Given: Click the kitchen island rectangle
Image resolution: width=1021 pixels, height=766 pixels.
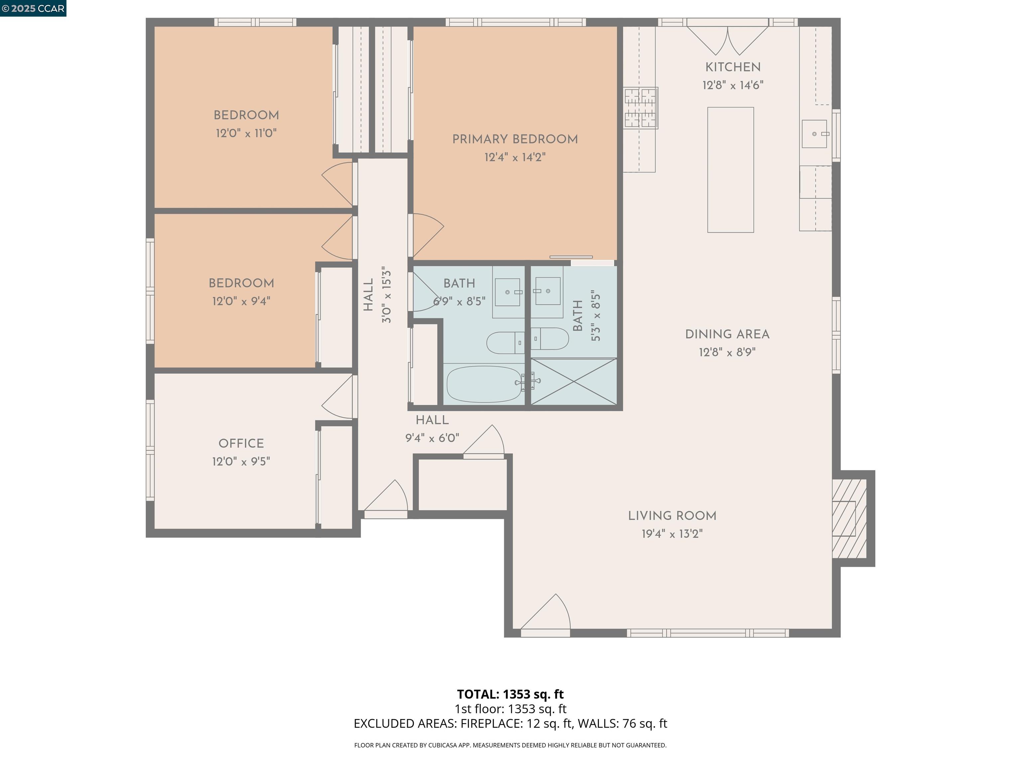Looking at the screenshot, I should (730, 170).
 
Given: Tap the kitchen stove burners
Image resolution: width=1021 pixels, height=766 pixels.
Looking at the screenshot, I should (640, 108).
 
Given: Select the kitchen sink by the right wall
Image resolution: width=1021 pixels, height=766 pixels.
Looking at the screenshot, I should (814, 134).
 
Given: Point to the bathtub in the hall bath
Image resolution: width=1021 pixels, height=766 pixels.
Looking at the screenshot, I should (484, 384).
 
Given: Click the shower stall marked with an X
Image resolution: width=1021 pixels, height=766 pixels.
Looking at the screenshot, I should (574, 381).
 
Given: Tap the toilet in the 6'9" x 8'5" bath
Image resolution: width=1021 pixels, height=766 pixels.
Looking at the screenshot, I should (505, 342).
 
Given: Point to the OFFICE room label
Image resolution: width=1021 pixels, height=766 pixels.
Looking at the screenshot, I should (241, 444).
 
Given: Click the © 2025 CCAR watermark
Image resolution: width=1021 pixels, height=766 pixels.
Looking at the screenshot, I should (33, 8).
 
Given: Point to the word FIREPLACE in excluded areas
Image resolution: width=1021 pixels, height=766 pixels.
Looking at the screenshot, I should (491, 723).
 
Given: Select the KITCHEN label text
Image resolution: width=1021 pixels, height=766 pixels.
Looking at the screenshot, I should (733, 67).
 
